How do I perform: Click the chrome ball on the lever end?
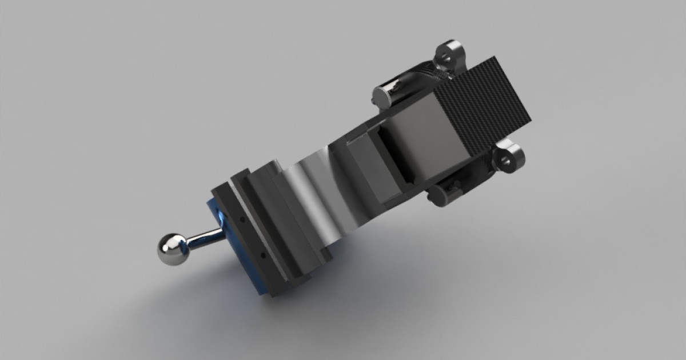[x=170, y=250]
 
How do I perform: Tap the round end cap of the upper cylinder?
[x=381, y=95]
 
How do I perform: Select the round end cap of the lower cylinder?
[x=441, y=194]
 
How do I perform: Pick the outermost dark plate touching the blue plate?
[x=246, y=240]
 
